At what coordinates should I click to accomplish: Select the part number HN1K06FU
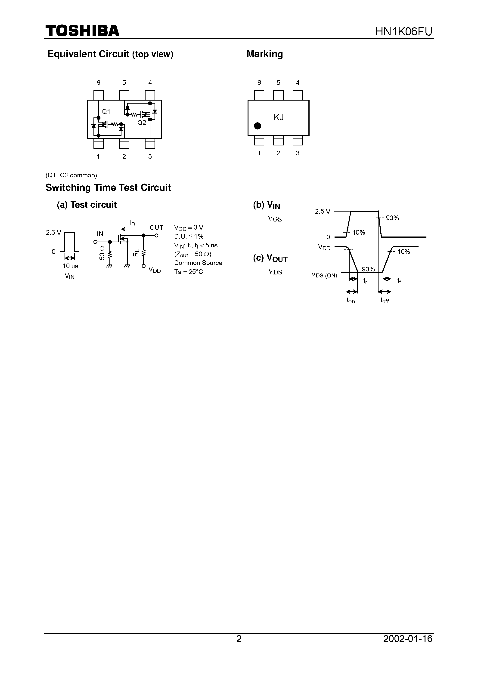coord(404,31)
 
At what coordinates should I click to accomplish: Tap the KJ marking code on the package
coord(279,117)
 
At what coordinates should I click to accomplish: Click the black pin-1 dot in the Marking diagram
coord(258,126)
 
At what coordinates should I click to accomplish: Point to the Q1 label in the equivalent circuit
coord(106,112)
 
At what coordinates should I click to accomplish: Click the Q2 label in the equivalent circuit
coord(142,123)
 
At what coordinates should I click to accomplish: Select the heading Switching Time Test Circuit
coord(108,187)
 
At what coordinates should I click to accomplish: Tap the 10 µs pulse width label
coord(70,266)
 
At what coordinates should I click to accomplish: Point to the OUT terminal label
coord(156,227)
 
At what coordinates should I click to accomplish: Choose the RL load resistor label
coord(136,253)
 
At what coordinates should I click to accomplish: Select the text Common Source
coord(198,263)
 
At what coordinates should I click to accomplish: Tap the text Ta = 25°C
coord(189,272)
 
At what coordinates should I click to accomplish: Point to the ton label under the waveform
coord(351,301)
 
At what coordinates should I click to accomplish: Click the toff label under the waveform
coord(385,301)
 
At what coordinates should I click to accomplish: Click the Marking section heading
coord(265,54)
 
